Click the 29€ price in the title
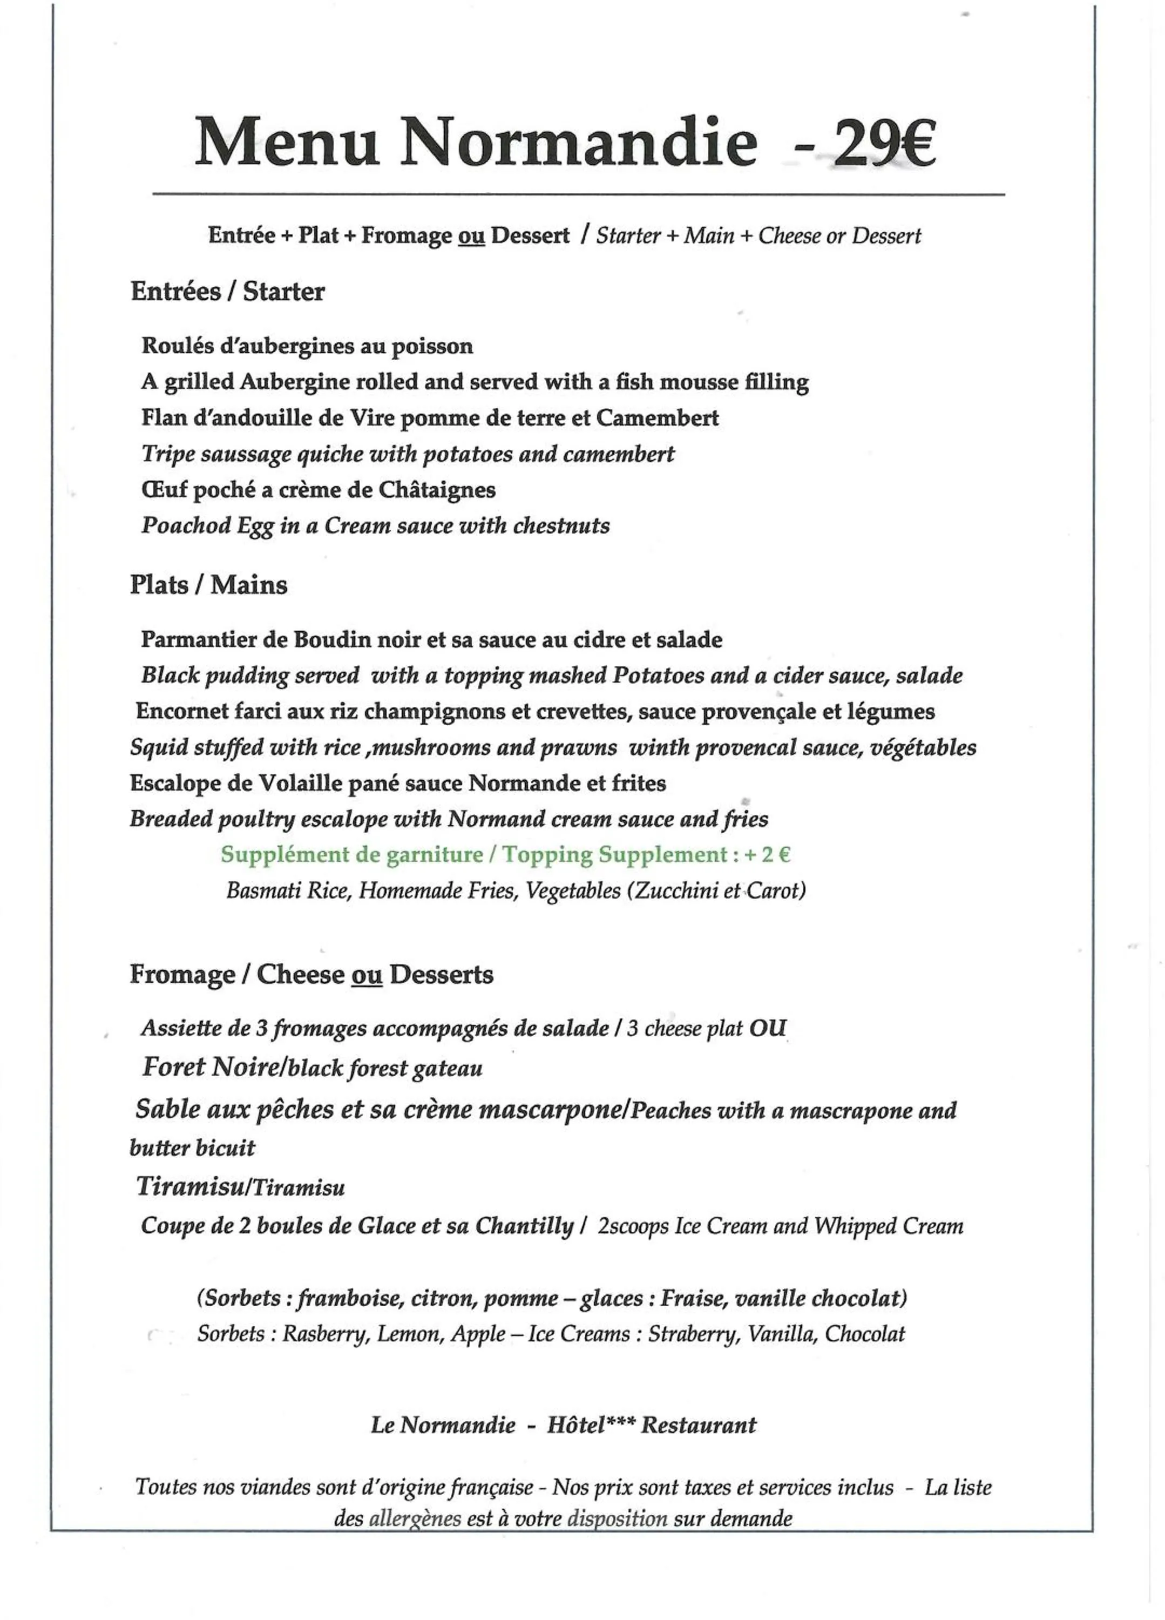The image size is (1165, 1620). [882, 144]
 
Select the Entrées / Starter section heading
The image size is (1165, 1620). [227, 292]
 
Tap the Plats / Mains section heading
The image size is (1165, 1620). [208, 585]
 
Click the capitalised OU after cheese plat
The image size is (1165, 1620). [767, 1029]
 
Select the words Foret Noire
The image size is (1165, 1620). [210, 1067]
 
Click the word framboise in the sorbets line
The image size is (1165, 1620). [348, 1298]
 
